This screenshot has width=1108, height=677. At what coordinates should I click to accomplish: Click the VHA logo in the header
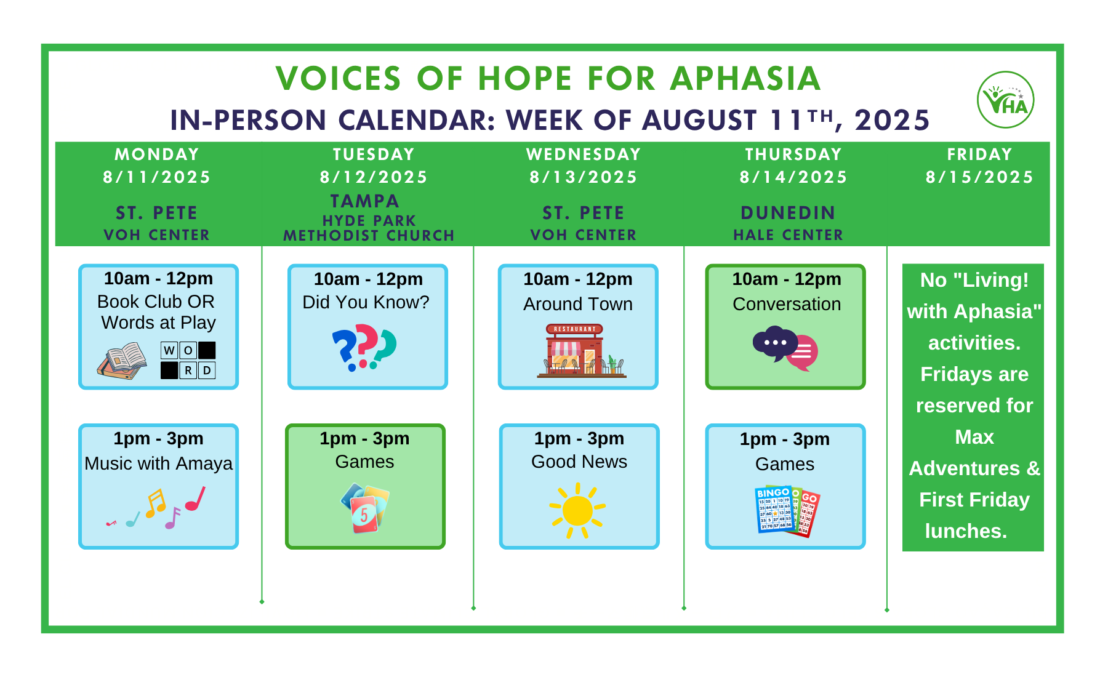coord(1005,100)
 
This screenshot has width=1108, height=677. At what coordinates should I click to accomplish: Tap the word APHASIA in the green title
coord(745,79)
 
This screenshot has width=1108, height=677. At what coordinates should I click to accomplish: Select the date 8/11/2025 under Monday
coord(157,177)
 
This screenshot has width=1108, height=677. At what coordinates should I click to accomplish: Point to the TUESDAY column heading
coord(374,154)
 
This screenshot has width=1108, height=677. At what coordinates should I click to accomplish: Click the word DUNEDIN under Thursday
coord(788,213)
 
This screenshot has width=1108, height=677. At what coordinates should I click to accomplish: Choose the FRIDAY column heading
coord(979,154)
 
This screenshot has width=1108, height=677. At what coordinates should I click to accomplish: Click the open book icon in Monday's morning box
coord(122,361)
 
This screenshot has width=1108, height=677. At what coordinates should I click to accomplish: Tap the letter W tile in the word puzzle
coord(169,350)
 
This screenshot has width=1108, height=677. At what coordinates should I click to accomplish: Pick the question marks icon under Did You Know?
coord(364,348)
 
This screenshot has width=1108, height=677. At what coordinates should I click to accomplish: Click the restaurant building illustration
coord(582,350)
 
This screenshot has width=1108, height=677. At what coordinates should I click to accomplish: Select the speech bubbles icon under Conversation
coord(785,348)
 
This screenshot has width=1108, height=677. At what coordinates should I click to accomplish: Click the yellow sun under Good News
coord(577,510)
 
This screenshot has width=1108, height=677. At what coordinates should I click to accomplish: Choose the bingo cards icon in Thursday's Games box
coord(787,511)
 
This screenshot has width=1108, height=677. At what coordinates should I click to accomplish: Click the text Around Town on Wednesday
coord(578,304)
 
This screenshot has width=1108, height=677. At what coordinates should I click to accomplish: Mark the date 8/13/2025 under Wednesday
coord(584,177)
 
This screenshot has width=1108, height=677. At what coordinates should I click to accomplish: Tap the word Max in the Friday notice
coord(974,437)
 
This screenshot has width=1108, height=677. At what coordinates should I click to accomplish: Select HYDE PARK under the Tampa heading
coord(369,220)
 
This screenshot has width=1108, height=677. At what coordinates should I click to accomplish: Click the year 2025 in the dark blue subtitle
coord(892,120)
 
